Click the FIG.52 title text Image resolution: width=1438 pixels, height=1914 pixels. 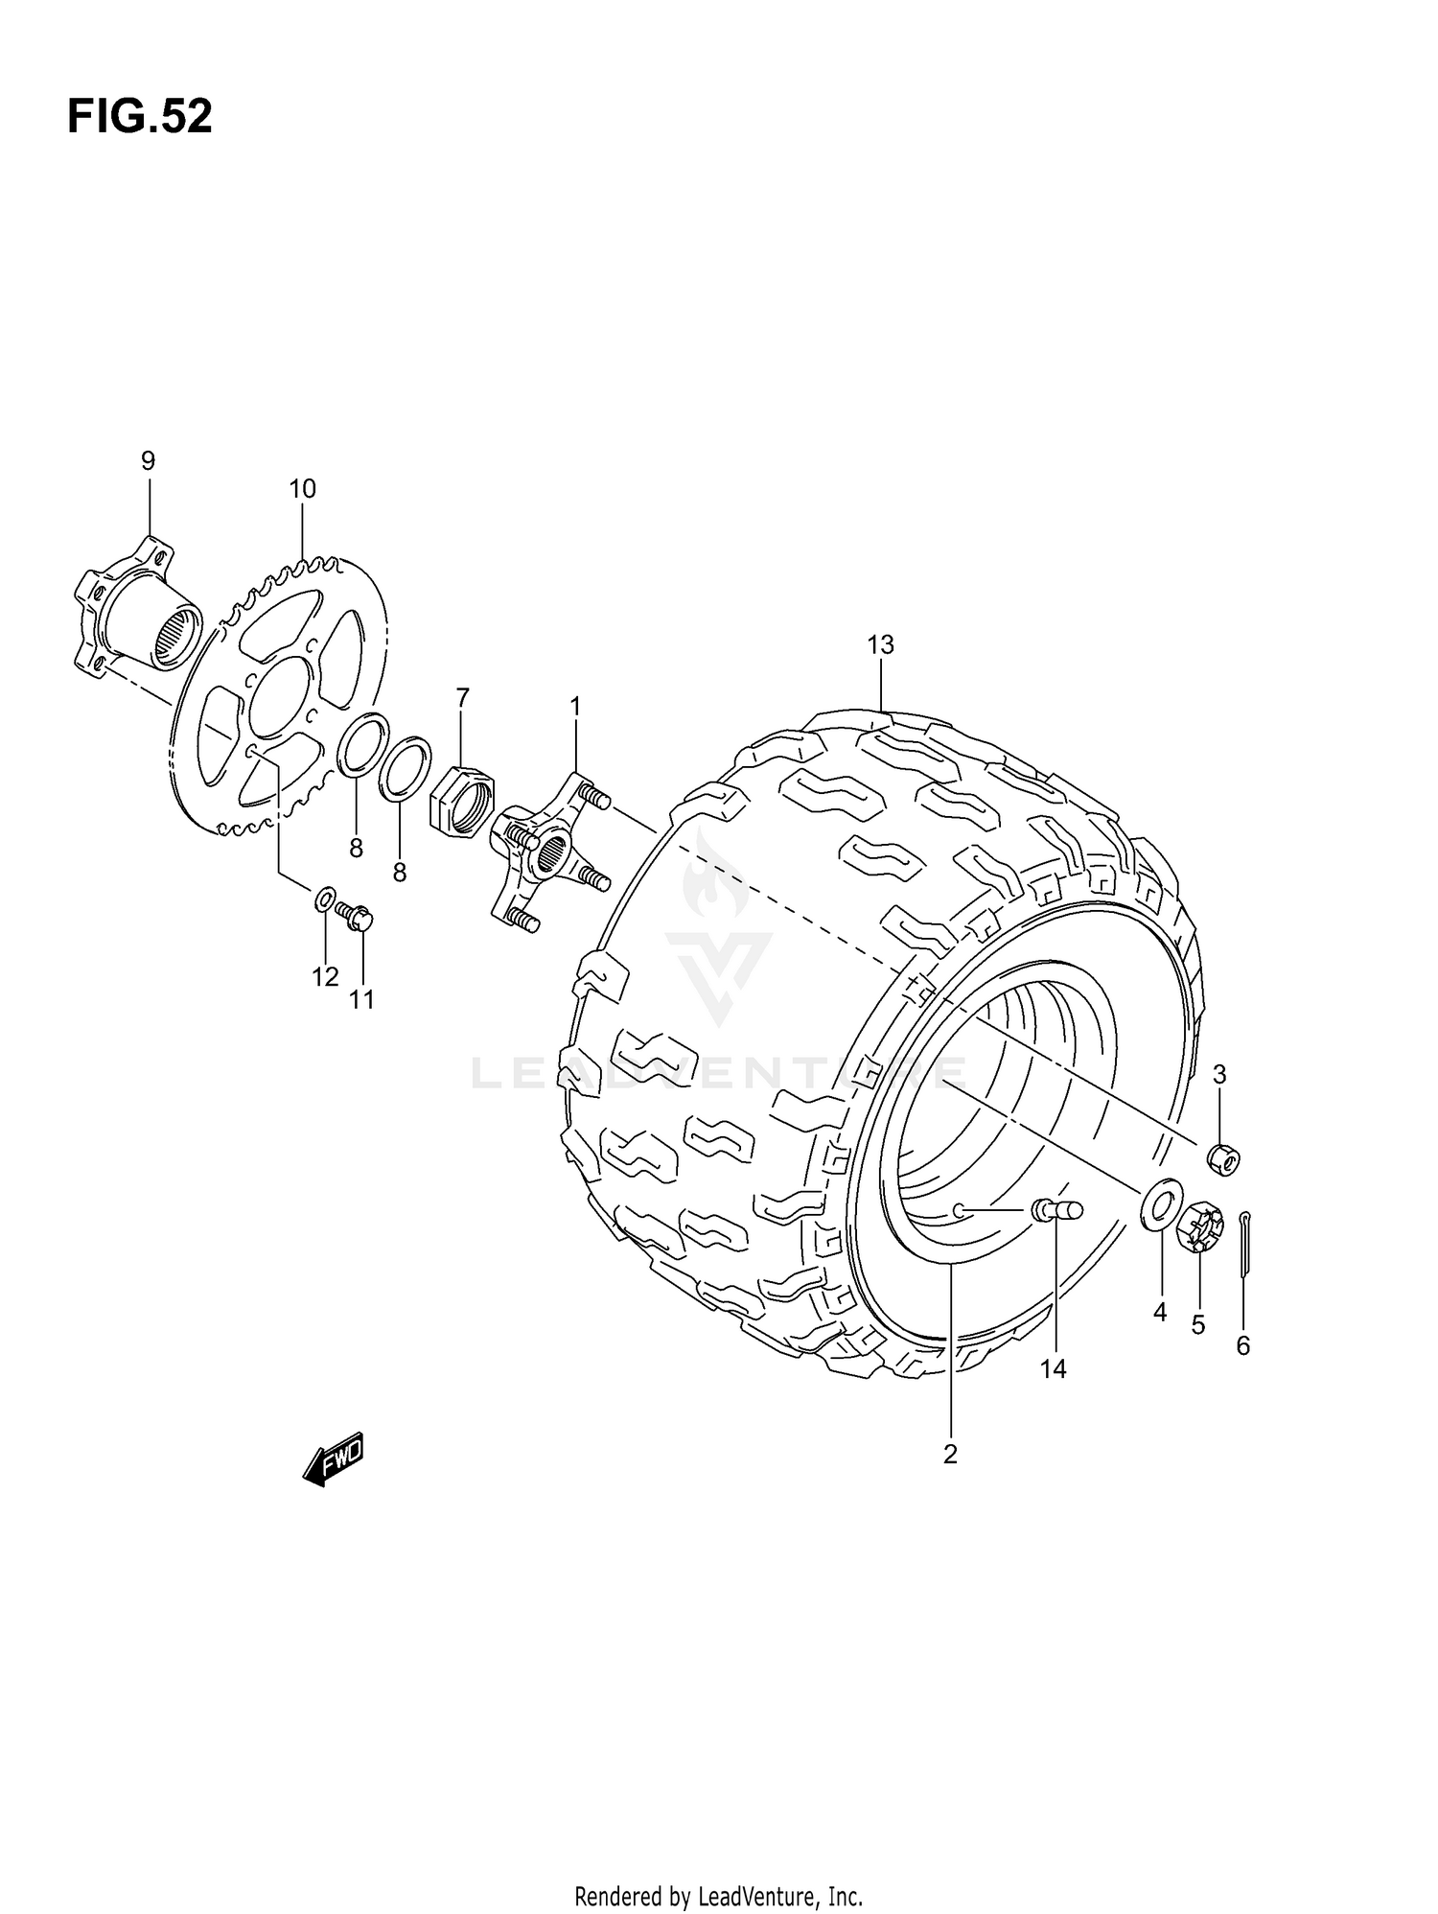click(x=140, y=117)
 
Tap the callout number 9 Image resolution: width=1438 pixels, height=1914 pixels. click(x=148, y=461)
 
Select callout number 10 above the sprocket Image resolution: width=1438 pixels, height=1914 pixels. click(x=302, y=489)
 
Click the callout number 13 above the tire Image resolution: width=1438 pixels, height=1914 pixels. click(x=880, y=645)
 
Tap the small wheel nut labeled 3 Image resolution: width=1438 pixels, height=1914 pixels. click(x=1221, y=1158)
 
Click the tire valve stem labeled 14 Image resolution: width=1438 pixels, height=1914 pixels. click(x=1055, y=1210)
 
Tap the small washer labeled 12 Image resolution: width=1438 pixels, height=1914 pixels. click(x=325, y=899)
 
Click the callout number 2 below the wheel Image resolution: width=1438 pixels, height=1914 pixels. click(x=950, y=1455)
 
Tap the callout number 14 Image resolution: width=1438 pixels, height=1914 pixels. click(x=1053, y=1369)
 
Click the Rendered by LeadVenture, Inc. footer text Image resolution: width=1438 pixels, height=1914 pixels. click(x=718, y=1896)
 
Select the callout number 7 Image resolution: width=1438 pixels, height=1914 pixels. click(x=463, y=697)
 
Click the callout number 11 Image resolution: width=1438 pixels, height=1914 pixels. click(x=360, y=999)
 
